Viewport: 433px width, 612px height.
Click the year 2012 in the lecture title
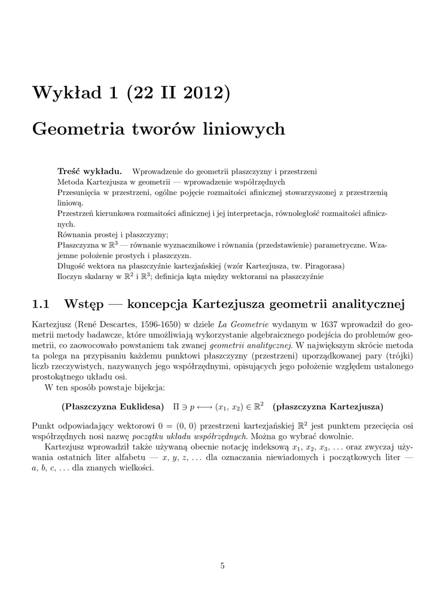tap(196, 94)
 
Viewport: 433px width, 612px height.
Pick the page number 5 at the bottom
tap(222, 566)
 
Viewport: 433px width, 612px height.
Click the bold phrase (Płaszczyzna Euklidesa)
tap(113, 406)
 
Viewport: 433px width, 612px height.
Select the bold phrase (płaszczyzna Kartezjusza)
tap(328, 406)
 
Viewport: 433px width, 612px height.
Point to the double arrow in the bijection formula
tap(201, 407)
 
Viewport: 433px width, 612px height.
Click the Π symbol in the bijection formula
tap(176, 406)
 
